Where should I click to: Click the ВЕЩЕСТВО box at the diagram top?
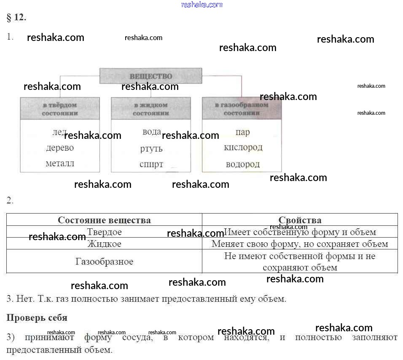[151, 76]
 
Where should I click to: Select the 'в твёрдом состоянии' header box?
[60, 109]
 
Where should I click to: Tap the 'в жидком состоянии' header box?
[151, 109]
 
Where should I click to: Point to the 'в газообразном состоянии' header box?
[242, 109]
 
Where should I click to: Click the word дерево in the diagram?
[60, 148]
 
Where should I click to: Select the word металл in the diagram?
[60, 164]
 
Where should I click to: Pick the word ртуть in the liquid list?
[151, 149]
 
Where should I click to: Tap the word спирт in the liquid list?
[151, 164]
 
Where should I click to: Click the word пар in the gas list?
[242, 133]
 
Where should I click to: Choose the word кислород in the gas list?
[243, 148]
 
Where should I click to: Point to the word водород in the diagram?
[243, 164]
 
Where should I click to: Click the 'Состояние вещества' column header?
[104, 220]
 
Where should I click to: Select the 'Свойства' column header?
[300, 220]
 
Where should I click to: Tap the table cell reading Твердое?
[104, 232]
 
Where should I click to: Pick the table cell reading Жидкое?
[104, 244]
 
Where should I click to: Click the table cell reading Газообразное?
[104, 261]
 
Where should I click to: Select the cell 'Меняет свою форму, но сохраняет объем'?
[300, 244]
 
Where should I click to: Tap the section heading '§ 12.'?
[16, 18]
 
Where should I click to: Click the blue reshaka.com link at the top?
[202, 5]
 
